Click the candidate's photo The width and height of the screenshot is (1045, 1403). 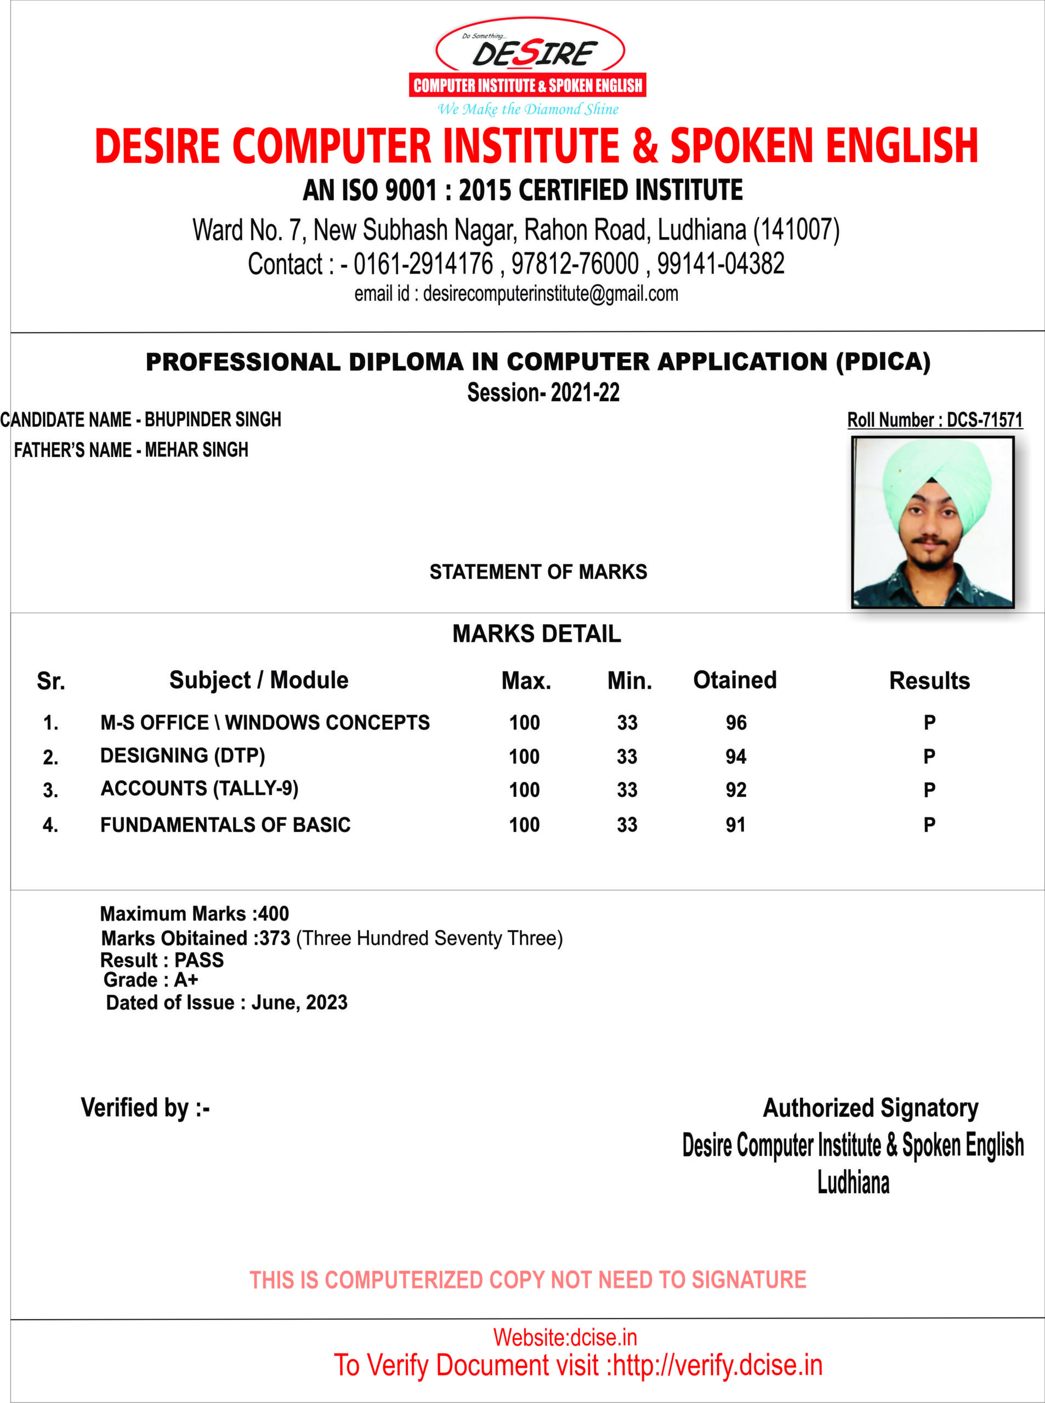933,522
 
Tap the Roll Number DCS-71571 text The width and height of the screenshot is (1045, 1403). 934,420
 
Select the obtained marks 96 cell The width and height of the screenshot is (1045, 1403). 736,723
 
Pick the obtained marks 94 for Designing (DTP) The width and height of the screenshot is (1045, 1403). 736,757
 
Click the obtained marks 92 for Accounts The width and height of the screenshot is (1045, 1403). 736,790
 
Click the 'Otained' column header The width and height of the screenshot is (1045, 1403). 735,680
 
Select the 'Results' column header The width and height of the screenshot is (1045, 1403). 929,681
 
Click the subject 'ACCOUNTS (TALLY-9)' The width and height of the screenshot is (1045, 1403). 199,789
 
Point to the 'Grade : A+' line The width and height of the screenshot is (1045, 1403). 151,980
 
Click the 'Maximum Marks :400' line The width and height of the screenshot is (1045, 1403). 194,914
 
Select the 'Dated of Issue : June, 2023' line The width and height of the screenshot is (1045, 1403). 226,1003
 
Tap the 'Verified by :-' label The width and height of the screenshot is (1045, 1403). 145,1108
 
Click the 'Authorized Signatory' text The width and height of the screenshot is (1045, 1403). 871,1108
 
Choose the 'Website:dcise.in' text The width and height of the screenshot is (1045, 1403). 564,1337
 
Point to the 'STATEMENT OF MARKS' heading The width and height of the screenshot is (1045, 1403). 538,572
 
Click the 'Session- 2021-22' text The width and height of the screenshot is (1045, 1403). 543,392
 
